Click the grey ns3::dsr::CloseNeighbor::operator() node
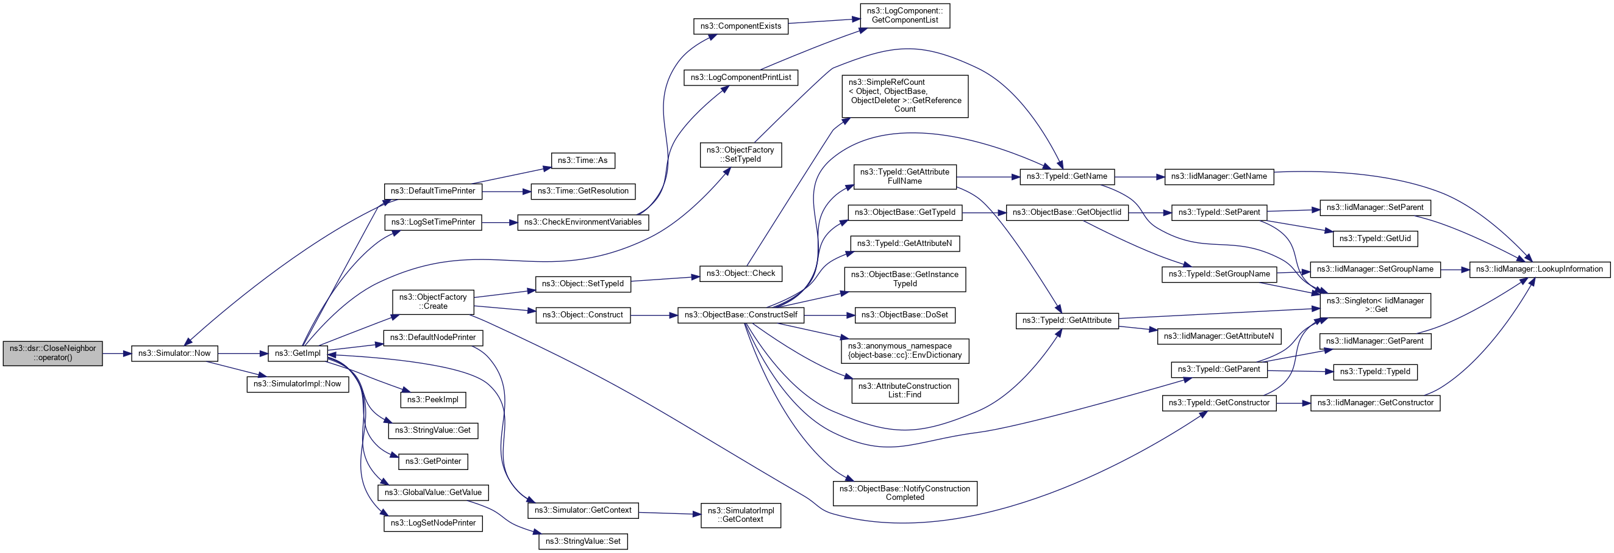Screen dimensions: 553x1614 52,353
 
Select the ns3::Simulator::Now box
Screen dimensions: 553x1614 174,353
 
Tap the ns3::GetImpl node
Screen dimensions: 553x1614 298,353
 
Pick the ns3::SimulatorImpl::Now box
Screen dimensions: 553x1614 297,384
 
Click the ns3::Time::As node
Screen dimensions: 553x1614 582,161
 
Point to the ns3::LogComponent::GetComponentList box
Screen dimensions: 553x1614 904,16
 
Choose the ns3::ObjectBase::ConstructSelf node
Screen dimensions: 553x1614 741,315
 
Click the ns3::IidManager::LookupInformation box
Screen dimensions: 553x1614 1539,270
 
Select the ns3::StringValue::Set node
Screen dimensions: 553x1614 583,541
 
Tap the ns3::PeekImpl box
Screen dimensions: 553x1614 432,400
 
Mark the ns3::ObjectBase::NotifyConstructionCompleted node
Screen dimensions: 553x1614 904,493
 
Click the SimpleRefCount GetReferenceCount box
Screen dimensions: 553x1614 904,96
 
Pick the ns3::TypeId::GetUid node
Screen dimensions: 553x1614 1374,239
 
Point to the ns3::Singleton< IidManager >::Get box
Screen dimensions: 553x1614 1374,305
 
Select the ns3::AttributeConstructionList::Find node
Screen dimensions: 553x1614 904,391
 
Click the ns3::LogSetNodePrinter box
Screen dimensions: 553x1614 433,523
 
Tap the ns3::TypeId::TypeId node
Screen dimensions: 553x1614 1374,372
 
